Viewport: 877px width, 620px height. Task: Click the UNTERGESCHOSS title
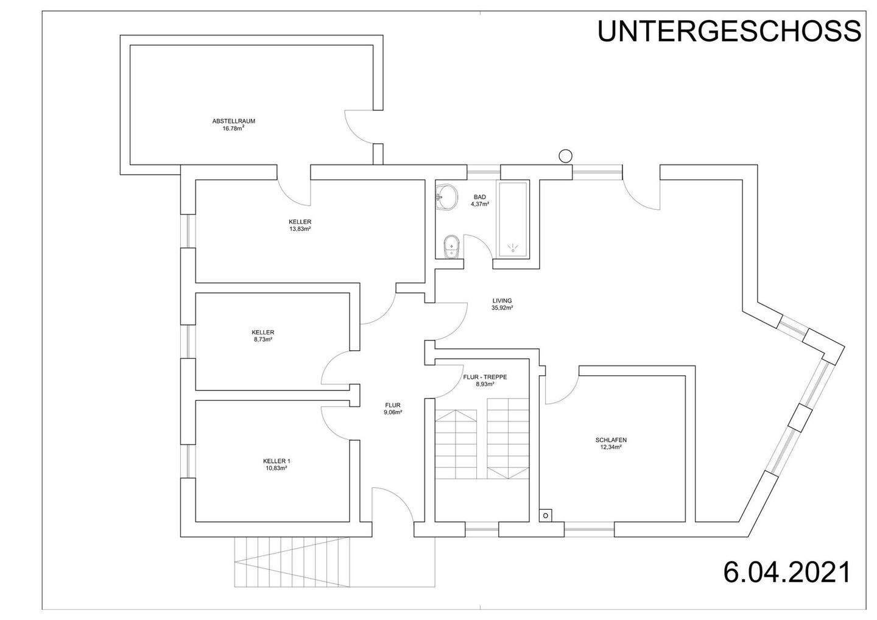[729, 31]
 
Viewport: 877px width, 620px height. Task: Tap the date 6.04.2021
[786, 572]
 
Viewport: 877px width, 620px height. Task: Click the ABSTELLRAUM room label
[234, 121]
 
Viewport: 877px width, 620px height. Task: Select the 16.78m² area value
[234, 129]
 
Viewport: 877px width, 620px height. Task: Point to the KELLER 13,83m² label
[300, 225]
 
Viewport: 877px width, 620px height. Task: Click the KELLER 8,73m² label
[262, 336]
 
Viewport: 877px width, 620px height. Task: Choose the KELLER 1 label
[275, 461]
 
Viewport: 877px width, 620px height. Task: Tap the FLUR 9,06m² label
[393, 408]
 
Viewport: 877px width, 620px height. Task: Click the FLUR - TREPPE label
[485, 377]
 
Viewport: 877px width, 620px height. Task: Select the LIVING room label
[502, 300]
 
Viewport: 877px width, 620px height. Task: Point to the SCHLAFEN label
[611, 440]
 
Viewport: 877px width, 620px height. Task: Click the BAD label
[480, 197]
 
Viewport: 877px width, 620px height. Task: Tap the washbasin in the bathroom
[448, 198]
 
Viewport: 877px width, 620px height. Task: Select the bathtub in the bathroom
[513, 220]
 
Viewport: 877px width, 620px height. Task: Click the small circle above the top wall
[565, 156]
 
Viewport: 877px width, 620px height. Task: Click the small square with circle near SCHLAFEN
[546, 515]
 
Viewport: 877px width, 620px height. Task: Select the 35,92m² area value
[502, 308]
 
